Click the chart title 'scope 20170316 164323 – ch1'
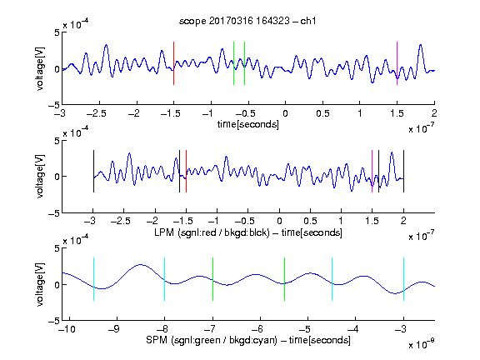[x=247, y=21]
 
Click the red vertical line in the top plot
[x=174, y=63]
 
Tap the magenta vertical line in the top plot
[x=397, y=63]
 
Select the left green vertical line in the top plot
[x=233, y=63]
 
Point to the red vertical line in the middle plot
[x=186, y=171]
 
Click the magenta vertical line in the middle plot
[x=372, y=171]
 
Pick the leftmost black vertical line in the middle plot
[x=93, y=171]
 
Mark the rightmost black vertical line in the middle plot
[x=404, y=171]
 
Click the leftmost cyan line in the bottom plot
[x=93, y=279]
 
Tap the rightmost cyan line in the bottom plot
[x=404, y=279]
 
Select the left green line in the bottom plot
[x=212, y=279]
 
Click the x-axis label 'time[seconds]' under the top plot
[x=248, y=124]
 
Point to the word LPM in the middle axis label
[x=164, y=232]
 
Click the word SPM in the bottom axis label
[x=157, y=340]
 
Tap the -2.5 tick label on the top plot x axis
[x=97, y=113]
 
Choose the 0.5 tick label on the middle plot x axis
[x=310, y=221]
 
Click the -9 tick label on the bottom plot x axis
[x=114, y=329]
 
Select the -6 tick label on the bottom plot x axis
[x=257, y=329]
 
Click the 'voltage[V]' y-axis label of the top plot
[x=40, y=68]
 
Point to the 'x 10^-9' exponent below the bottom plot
[x=422, y=344]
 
